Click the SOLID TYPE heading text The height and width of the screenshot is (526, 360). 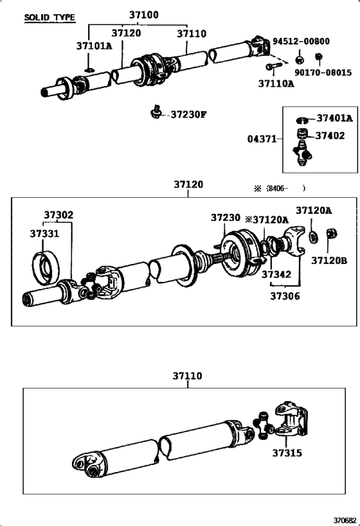pos(50,18)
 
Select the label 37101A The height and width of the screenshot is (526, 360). pos(94,46)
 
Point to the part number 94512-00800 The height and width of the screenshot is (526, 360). pos(301,41)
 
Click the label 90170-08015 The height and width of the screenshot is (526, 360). pos(323,73)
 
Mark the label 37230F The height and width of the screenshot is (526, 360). pos(189,115)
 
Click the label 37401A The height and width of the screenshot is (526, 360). pos(334,118)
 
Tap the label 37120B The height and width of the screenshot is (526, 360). pos(329,260)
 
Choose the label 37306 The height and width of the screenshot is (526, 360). pos(285,296)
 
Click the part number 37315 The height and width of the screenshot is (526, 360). pos(287,453)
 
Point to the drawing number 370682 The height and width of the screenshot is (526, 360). pos(344,520)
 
